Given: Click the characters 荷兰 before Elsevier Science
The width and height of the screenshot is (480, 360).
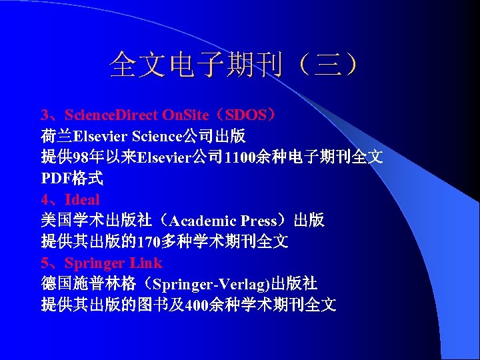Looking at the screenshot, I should click(x=57, y=137).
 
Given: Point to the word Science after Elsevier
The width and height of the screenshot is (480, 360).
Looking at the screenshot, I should click(x=156, y=137).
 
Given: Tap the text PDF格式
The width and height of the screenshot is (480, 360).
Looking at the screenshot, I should click(x=72, y=179).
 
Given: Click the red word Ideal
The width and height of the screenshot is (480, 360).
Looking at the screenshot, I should click(x=82, y=200).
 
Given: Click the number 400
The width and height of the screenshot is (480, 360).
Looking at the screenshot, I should click(x=197, y=306).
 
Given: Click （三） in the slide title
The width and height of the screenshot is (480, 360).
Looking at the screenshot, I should click(x=328, y=65).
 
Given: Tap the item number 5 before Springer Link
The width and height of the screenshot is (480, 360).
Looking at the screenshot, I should click(x=45, y=263).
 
